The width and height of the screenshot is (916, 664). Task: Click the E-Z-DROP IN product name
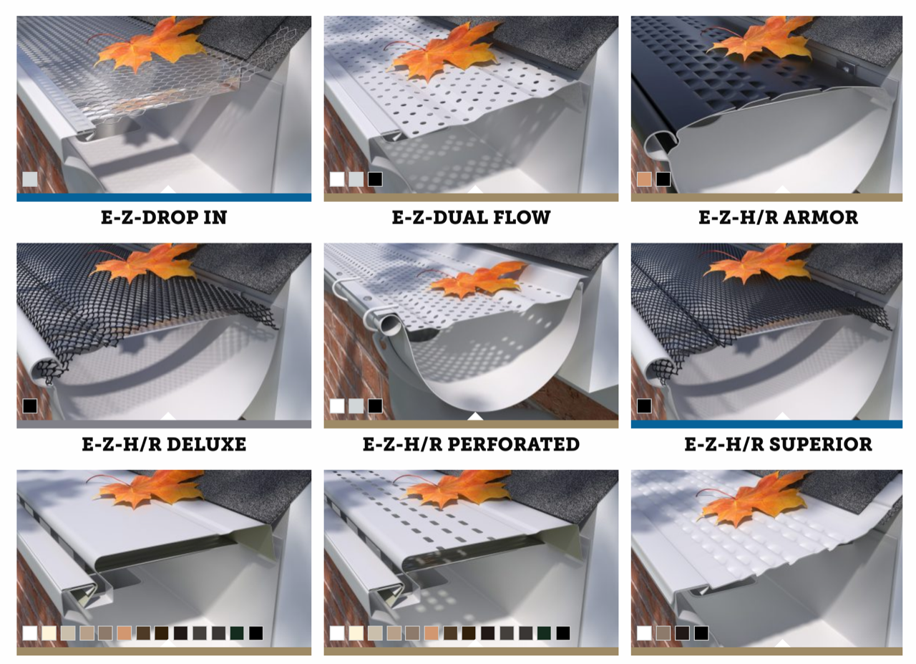164,218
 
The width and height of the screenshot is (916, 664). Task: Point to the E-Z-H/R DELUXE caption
164,445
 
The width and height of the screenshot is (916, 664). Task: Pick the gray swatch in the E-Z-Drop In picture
30,179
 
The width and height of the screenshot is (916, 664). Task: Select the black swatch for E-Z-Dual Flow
375,179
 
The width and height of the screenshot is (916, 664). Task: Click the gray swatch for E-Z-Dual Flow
356,179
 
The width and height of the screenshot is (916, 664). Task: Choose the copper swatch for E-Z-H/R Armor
644,179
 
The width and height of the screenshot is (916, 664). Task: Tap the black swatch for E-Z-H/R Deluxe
30,406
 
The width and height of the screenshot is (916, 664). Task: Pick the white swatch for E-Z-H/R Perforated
336,406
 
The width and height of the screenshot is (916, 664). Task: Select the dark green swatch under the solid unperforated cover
237,633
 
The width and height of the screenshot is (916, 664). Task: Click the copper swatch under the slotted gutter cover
431,633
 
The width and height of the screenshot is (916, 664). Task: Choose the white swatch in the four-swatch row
644,633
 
